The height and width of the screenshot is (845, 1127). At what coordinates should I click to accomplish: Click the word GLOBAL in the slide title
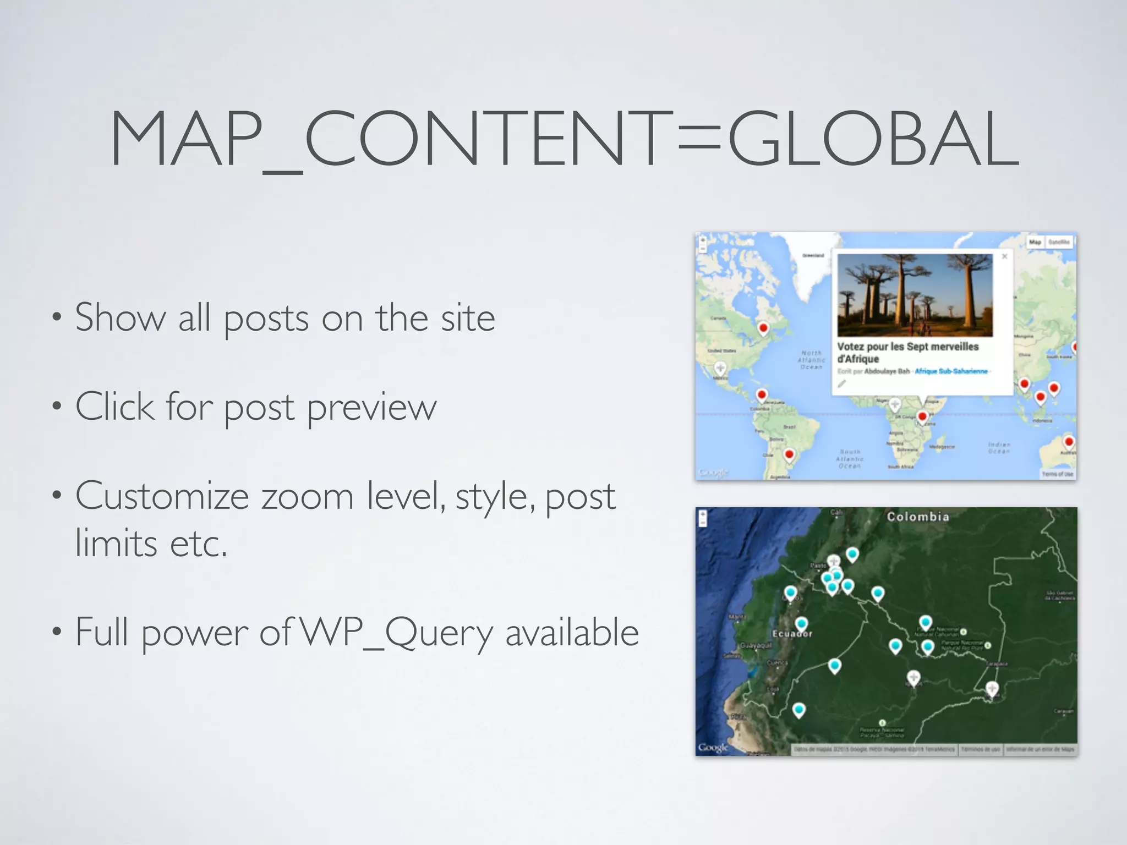874,139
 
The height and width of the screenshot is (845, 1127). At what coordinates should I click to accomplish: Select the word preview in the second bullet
371,407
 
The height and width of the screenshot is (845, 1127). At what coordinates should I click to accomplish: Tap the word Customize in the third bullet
162,496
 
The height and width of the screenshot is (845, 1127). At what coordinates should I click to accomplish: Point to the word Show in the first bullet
120,317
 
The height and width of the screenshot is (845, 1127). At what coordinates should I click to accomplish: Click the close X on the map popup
1004,256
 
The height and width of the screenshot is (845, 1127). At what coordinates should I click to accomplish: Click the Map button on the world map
1035,242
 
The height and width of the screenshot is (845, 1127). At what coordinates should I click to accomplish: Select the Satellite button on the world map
1059,242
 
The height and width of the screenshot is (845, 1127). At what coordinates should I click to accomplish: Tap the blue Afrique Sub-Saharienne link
951,371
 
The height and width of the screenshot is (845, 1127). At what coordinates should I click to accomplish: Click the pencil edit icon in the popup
842,384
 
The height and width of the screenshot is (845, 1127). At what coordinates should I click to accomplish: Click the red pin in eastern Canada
763,328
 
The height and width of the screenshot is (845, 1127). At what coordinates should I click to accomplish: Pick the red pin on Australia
1069,442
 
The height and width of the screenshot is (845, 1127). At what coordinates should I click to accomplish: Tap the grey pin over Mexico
720,367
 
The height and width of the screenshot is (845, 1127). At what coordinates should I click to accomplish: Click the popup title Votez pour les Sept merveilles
908,347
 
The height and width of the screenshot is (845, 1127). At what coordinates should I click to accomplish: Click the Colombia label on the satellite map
918,517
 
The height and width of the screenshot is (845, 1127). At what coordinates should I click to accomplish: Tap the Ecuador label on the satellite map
792,634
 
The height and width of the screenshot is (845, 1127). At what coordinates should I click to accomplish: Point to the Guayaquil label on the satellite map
756,645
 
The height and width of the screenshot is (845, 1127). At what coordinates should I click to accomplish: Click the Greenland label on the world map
813,255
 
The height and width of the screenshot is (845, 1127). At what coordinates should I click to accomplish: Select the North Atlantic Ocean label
812,360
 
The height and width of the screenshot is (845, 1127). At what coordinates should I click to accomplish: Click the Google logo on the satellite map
713,747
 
